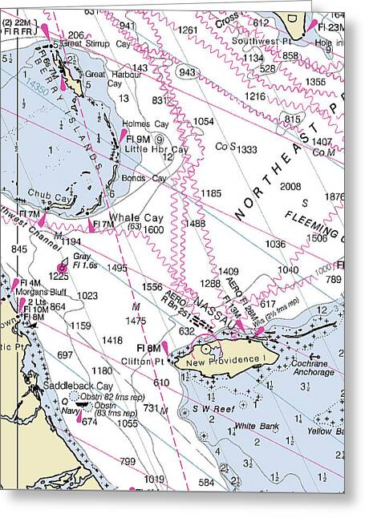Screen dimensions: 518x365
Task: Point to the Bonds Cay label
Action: point(145,177)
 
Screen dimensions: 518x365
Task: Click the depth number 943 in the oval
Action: point(187,72)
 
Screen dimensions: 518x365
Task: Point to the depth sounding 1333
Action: point(246,149)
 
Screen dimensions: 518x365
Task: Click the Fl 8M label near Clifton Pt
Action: point(148,348)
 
